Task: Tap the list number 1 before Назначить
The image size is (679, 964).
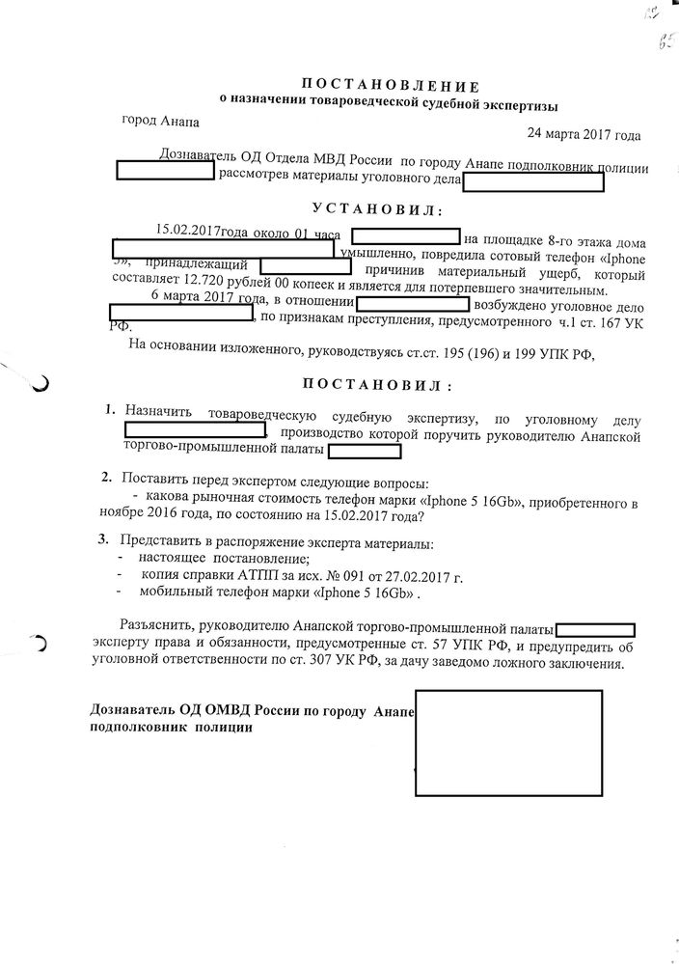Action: (x=111, y=410)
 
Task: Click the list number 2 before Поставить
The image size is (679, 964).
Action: (x=106, y=478)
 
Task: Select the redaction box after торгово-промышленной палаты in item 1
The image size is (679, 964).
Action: (x=365, y=451)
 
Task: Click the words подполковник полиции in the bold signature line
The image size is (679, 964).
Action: (x=171, y=729)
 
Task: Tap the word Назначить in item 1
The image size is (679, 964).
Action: (x=159, y=414)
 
